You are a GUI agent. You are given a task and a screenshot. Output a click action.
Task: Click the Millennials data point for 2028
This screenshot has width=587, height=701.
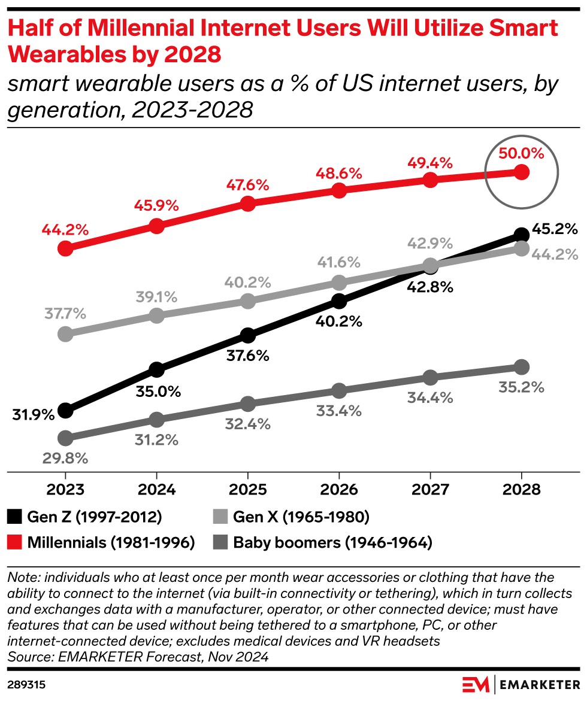[521, 172]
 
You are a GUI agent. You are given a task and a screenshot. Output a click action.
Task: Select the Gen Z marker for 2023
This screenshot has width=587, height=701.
[65, 411]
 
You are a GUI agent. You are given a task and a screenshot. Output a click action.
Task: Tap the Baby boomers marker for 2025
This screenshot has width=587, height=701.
[248, 403]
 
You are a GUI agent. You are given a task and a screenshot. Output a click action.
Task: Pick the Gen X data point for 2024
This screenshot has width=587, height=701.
[156, 315]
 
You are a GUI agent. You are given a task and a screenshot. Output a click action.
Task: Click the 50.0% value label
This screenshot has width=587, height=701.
[521, 153]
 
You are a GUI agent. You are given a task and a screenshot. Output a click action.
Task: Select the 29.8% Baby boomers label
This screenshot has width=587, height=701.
[65, 459]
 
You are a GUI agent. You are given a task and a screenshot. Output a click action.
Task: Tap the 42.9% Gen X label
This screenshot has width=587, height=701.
[430, 244]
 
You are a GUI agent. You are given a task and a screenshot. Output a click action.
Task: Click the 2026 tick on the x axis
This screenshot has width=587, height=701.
[339, 488]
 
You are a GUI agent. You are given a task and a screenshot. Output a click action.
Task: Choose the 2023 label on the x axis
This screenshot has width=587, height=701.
[65, 488]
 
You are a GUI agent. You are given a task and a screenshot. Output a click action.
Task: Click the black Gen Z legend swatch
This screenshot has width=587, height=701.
[15, 516]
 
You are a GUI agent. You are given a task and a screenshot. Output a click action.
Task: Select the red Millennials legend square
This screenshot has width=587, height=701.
[15, 542]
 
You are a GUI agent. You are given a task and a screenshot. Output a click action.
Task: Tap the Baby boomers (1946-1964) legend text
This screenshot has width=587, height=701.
[332, 542]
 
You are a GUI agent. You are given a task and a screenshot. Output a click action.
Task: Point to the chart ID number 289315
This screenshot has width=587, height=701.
[27, 683]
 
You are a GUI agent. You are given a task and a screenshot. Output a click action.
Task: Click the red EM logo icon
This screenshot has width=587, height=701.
[476, 683]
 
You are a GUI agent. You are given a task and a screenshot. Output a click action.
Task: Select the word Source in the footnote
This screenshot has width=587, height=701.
[29, 657]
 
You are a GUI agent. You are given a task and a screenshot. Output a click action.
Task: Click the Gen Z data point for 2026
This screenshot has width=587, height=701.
[339, 301]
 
